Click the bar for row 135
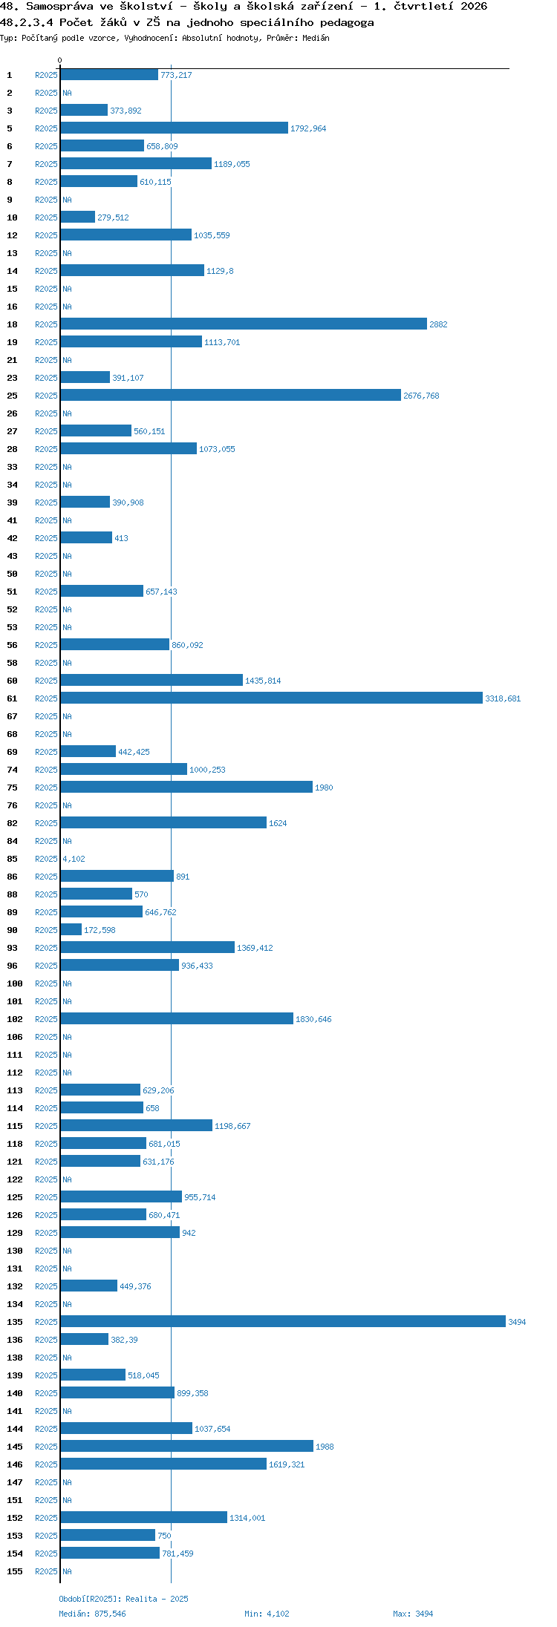pyautogui.click(x=283, y=1321)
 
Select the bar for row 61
pyautogui.click(x=272, y=698)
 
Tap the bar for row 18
pyautogui.click(x=244, y=324)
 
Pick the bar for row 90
pyautogui.click(x=71, y=929)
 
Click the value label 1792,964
pyautogui.click(x=308, y=128)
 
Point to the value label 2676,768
pyautogui.click(x=421, y=396)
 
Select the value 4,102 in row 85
pyautogui.click(x=74, y=859)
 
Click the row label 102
pyautogui.click(x=15, y=1019)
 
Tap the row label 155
pyautogui.click(x=15, y=1571)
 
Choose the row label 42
pyautogui.click(x=13, y=538)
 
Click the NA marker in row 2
pyautogui.click(x=67, y=93)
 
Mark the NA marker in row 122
pyautogui.click(x=67, y=1179)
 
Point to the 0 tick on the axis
pyautogui.click(x=60, y=60)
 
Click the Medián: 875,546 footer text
pyautogui.click(x=92, y=1614)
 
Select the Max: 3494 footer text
pyautogui.click(x=413, y=1614)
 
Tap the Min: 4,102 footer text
pyautogui.click(x=267, y=1614)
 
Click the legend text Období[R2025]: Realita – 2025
pyautogui.click(x=123, y=1599)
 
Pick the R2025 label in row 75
pyautogui.click(x=46, y=788)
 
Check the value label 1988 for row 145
pyautogui.click(x=325, y=1447)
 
